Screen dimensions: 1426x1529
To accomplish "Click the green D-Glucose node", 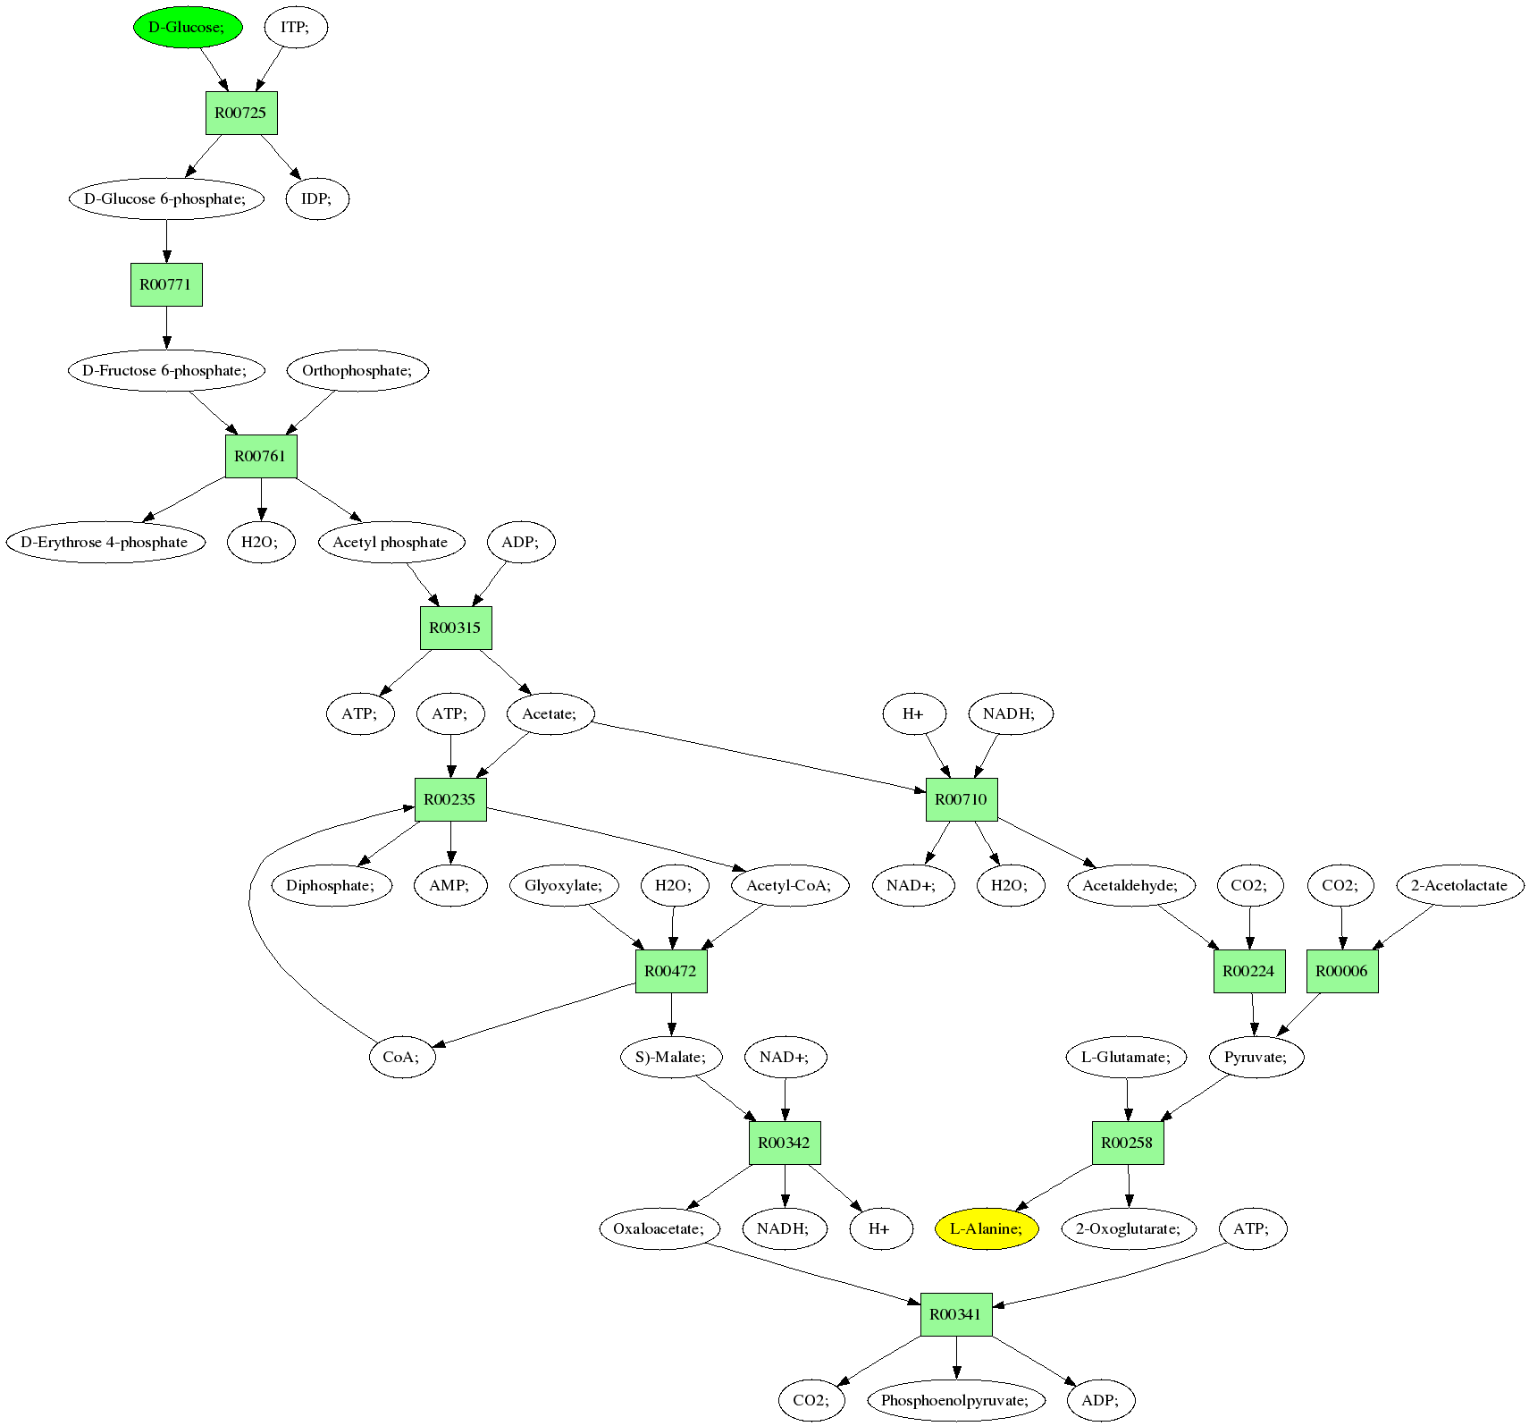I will point(188,27).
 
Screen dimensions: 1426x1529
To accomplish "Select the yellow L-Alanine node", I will point(987,1228).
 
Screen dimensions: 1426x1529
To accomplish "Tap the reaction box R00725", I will point(241,113).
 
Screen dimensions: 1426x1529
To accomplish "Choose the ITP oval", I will point(296,27).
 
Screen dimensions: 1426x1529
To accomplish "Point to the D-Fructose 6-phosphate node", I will point(166,370).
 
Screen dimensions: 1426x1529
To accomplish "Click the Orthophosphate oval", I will point(357,370).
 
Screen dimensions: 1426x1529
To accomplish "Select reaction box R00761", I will point(260,456).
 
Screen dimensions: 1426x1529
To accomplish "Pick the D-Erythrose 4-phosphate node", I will point(105,542).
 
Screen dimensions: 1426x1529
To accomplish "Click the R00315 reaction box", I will point(456,628).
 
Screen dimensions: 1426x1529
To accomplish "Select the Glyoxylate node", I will point(564,885).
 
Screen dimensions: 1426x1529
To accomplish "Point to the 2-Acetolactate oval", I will point(1459,885).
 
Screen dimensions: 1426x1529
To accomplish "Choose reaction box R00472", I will point(671,971).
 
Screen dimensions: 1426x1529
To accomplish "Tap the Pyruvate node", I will point(1256,1057).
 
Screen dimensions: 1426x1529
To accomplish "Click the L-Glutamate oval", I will point(1126,1057).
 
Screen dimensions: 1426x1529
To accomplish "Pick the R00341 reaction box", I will point(956,1314).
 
